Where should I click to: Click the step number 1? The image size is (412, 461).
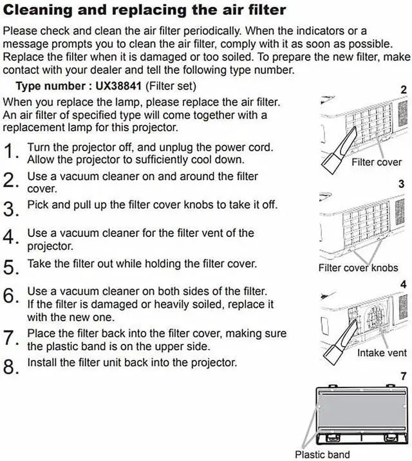click(11, 152)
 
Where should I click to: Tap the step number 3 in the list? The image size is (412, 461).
click(11, 209)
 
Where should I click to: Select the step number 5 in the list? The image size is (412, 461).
click(11, 267)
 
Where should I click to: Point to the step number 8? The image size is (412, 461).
click(11, 368)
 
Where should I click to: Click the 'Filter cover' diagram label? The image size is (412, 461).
click(376, 162)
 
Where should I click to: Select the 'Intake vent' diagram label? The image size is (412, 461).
click(382, 353)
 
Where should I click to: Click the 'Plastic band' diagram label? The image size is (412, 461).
click(322, 455)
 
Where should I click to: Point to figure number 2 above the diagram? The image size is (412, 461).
click(404, 90)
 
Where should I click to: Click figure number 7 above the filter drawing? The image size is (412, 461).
click(404, 376)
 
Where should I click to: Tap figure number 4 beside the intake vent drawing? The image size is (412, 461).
click(404, 284)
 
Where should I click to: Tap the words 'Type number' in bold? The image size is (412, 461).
click(49, 86)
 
